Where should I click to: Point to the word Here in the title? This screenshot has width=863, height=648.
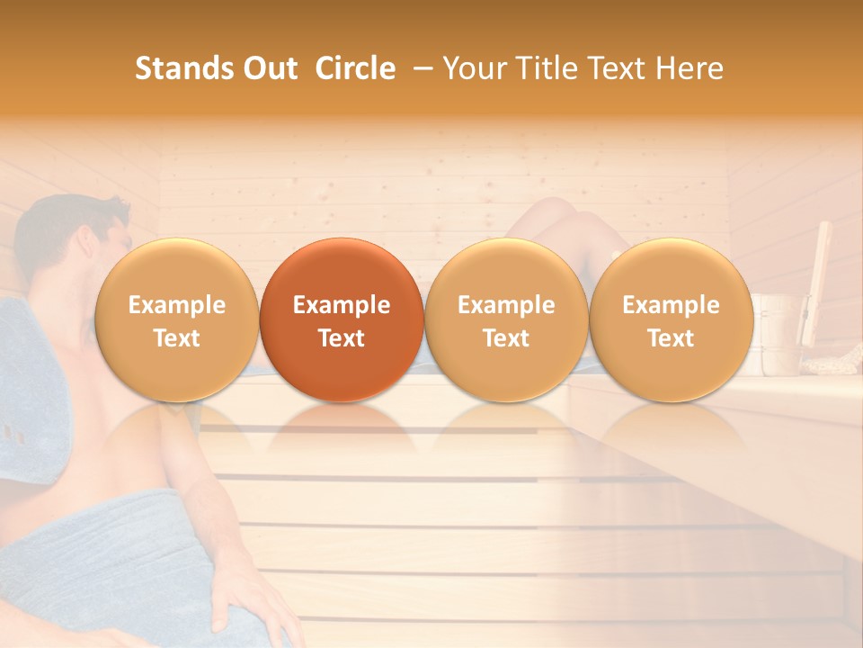point(690,68)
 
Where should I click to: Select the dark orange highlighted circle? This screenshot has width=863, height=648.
point(342,320)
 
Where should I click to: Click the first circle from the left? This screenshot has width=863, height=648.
point(176,320)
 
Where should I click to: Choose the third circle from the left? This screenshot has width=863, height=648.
point(506,320)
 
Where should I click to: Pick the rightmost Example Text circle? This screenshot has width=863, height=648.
point(671,320)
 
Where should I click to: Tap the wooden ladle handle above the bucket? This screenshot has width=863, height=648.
point(818,270)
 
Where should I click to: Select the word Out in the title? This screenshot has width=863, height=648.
point(268,68)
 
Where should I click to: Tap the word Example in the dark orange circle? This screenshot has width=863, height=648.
point(342,305)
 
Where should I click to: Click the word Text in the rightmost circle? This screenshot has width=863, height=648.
point(671,338)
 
